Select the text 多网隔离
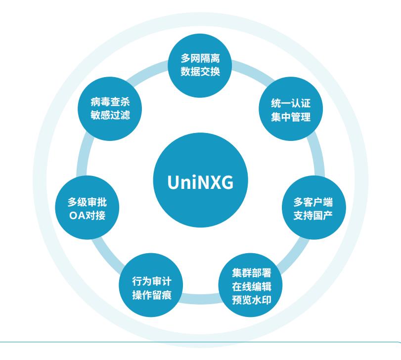[x=200, y=58]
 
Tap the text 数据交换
[x=200, y=71]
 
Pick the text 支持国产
[x=313, y=216]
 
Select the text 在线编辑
[x=251, y=286]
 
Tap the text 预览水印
[x=251, y=299]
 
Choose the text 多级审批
[x=87, y=203]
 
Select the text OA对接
[x=87, y=216]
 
